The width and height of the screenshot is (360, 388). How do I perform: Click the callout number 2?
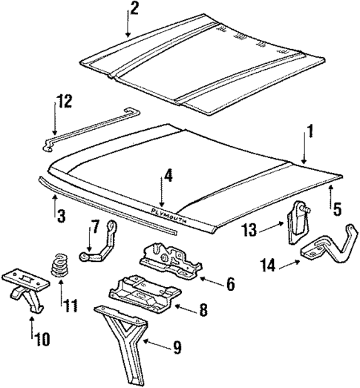pyautogui.click(x=134, y=10)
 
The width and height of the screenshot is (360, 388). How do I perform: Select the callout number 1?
pyautogui.click(x=310, y=134)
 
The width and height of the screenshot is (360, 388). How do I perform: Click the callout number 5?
pyautogui.click(x=338, y=210)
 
